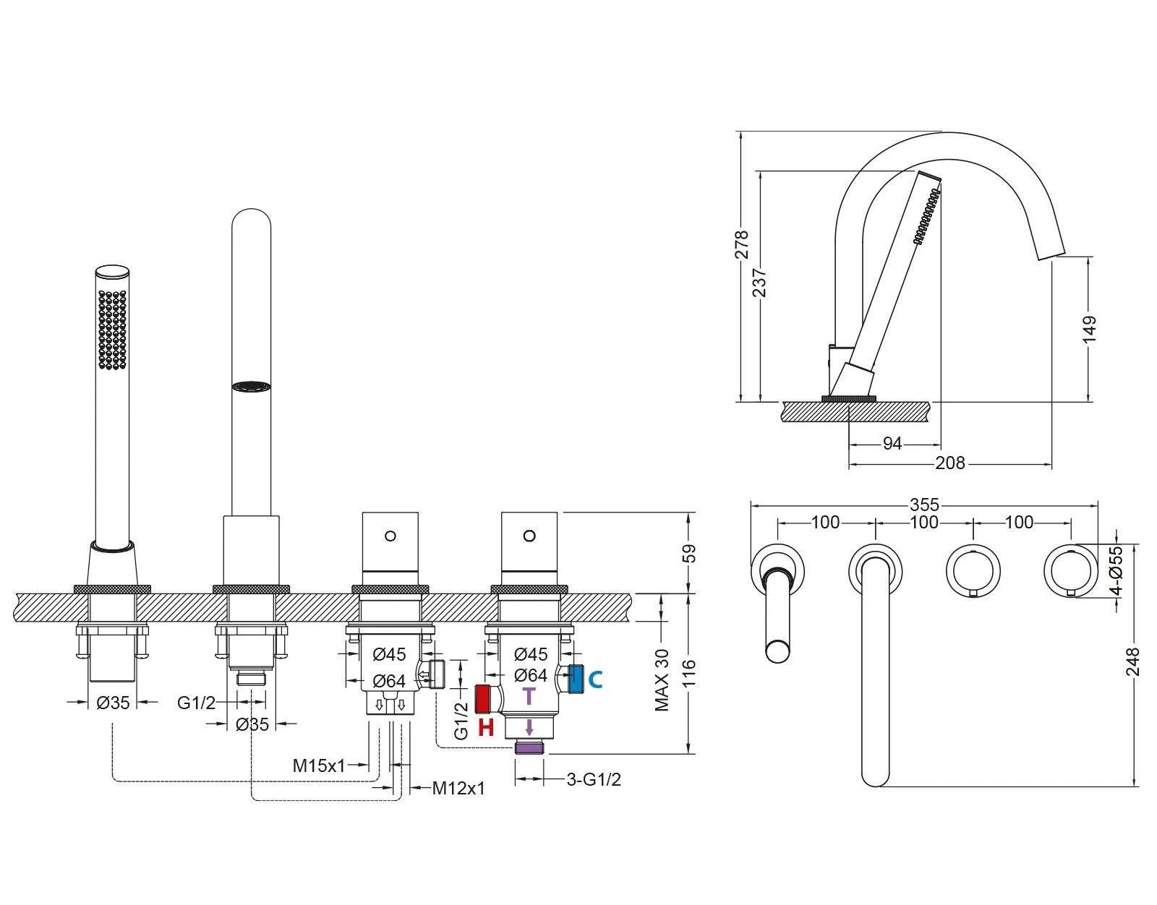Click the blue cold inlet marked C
tap(576, 679)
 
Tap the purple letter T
tap(529, 696)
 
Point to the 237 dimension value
tap(759, 282)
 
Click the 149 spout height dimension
tap(1090, 328)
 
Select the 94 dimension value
tap(892, 444)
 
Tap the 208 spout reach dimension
tap(949, 463)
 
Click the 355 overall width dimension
tap(924, 504)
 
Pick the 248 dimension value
tap(1132, 661)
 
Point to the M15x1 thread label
tap(319, 765)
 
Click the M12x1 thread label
tap(458, 788)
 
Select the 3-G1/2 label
tap(594, 779)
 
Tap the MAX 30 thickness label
tap(662, 679)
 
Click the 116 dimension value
tap(688, 674)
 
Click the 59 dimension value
tap(688, 553)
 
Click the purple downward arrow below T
tap(529, 726)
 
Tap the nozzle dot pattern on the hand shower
tap(113, 330)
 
